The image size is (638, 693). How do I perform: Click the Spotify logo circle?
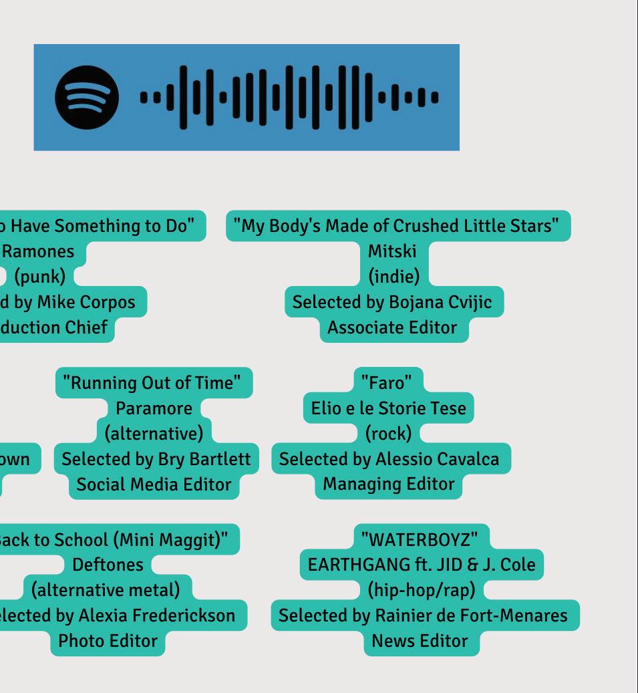tap(87, 97)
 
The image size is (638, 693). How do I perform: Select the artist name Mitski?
tap(392, 251)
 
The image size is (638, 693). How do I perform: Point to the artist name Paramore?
tap(154, 408)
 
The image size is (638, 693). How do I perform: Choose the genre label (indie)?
tap(393, 276)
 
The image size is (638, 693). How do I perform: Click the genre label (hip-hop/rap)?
tap(421, 589)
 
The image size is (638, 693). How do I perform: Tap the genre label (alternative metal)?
tap(106, 589)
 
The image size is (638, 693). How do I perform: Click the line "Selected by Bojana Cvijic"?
tap(392, 301)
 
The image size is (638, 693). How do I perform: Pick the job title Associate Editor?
tap(392, 327)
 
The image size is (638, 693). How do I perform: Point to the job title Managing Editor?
tap(389, 484)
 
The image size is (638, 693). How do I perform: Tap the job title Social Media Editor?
tap(154, 484)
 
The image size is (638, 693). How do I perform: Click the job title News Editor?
tap(420, 640)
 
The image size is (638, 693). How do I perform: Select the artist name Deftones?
tap(108, 565)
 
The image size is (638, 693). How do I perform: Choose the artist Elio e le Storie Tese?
tap(388, 408)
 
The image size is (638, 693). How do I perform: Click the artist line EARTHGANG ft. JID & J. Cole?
tap(421, 565)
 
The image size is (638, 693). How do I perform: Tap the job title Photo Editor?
tap(108, 640)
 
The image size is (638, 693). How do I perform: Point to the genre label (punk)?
tap(39, 276)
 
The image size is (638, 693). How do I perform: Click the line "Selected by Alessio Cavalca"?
tap(389, 459)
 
